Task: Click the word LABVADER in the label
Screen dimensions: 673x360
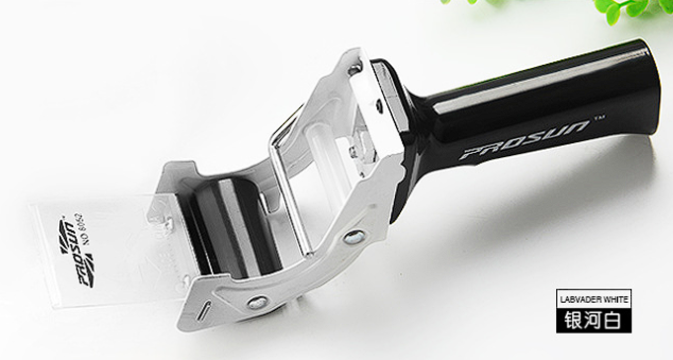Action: (577, 300)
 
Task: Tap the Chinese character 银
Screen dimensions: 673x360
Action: (573, 321)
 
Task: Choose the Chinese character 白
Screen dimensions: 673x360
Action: (611, 321)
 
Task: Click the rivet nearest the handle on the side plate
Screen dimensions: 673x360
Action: (354, 237)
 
